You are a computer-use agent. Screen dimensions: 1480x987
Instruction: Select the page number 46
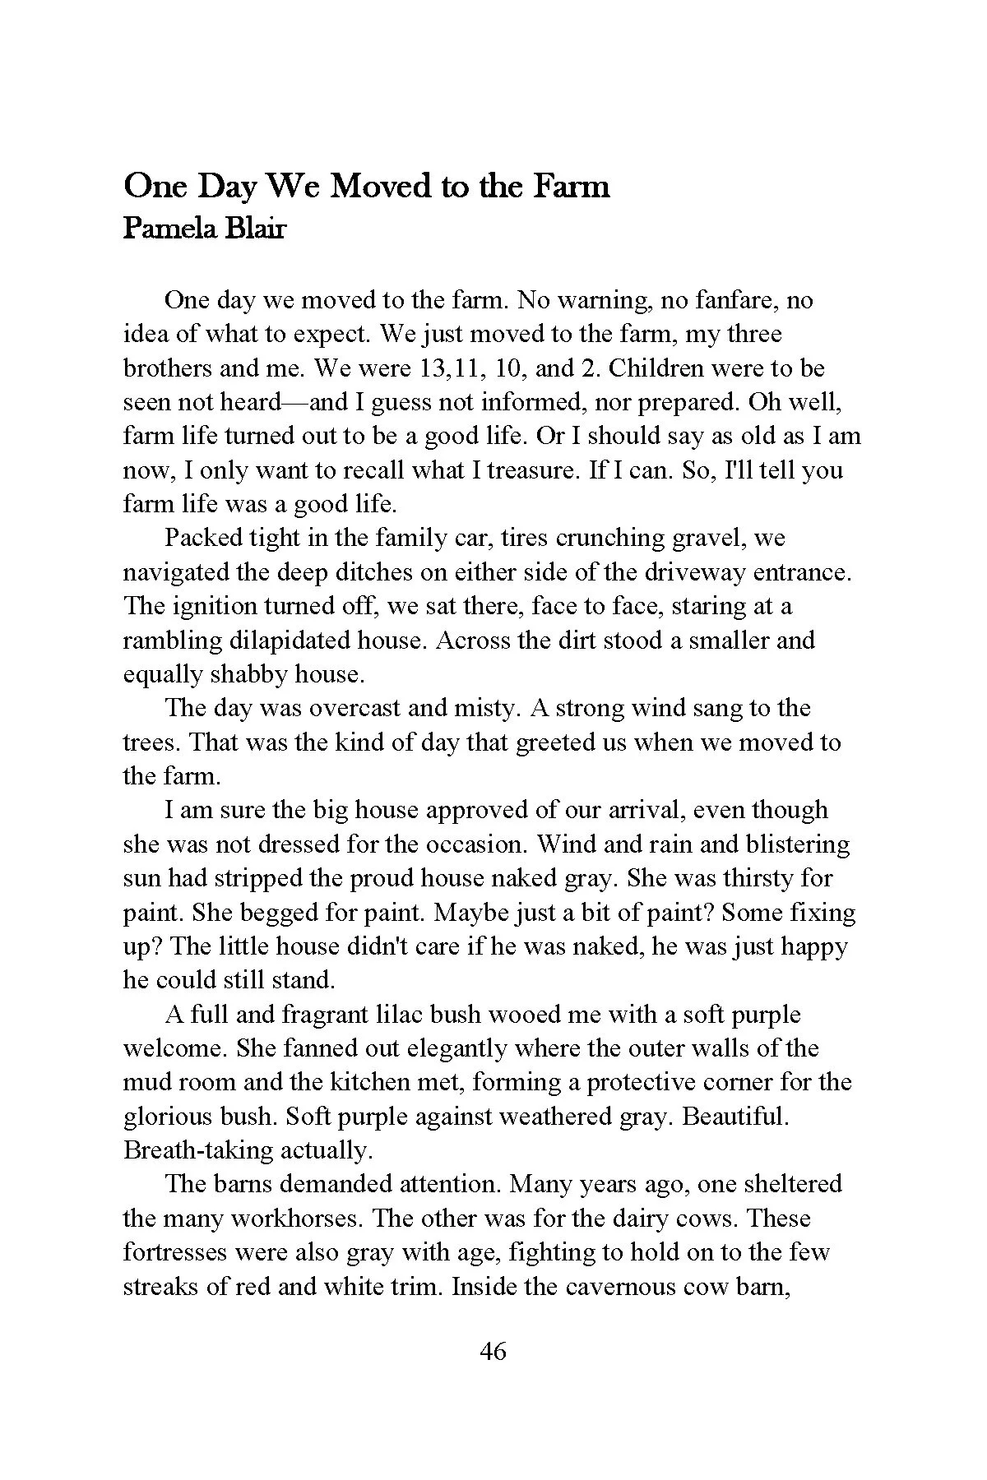point(493,1351)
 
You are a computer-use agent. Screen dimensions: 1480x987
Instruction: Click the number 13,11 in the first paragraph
point(449,368)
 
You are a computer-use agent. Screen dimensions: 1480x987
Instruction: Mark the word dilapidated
point(285,641)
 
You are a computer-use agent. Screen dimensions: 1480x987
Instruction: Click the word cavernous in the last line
point(617,1286)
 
